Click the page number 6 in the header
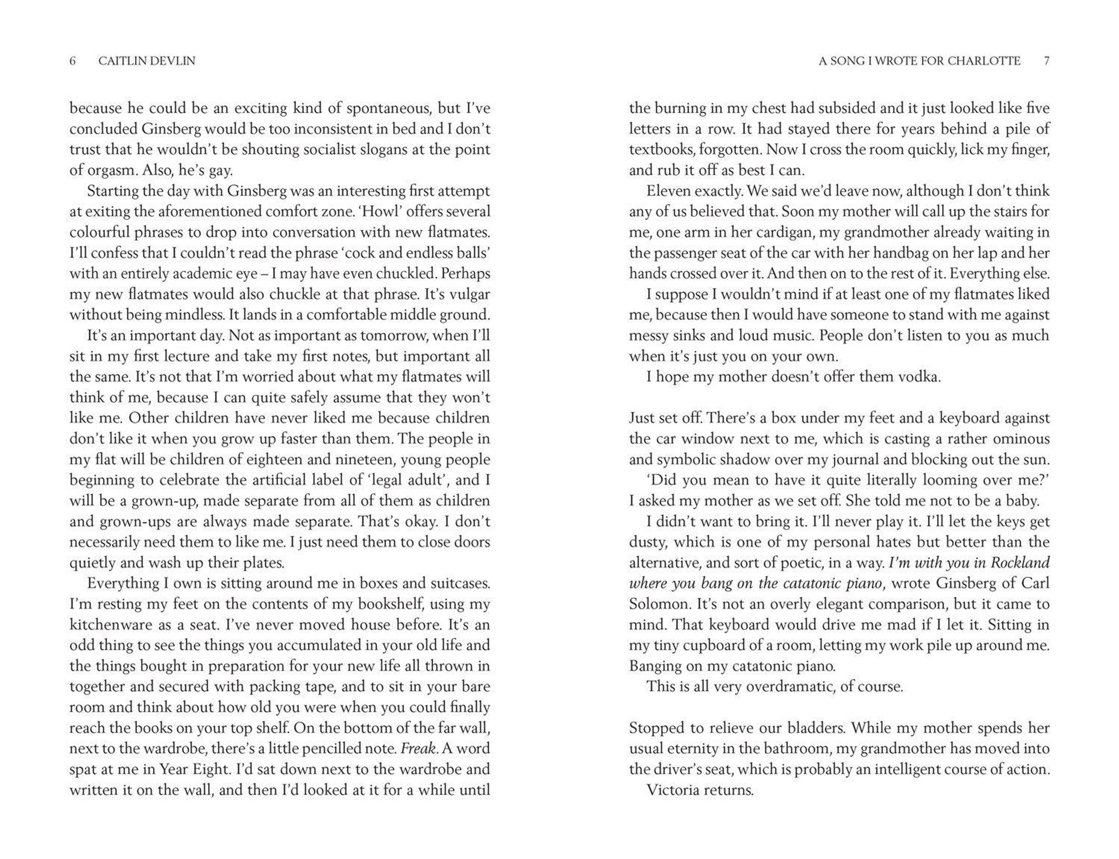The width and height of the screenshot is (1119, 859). coord(73,61)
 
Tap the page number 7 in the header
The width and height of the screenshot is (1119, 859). coord(1046,61)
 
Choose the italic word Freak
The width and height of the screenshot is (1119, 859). coord(419,748)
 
